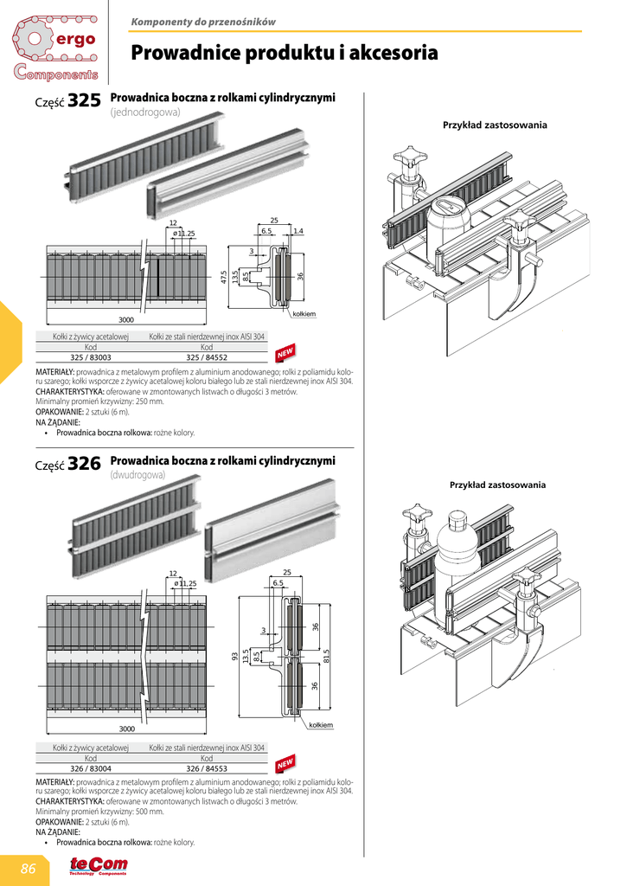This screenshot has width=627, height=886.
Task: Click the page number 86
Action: pyautogui.click(x=29, y=868)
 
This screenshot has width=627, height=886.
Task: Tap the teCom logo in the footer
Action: pyautogui.click(x=99, y=866)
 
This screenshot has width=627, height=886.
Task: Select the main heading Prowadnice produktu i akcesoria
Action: pyautogui.click(x=284, y=54)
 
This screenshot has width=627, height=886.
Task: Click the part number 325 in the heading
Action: pyautogui.click(x=84, y=101)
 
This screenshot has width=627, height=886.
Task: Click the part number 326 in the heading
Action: pyautogui.click(x=84, y=465)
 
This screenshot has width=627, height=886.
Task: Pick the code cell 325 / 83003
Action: pyautogui.click(x=91, y=356)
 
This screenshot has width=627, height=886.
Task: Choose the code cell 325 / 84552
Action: pyautogui.click(x=207, y=356)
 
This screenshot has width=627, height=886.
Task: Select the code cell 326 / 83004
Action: pyautogui.click(x=91, y=767)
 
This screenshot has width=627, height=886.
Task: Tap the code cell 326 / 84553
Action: pyautogui.click(x=207, y=767)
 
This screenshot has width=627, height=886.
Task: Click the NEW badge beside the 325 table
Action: pyautogui.click(x=285, y=353)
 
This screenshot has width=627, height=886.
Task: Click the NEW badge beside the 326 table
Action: pyautogui.click(x=285, y=763)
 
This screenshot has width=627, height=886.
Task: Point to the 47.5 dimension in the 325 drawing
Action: pyautogui.click(x=224, y=277)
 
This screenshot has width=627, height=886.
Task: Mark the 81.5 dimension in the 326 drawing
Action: pyautogui.click(x=326, y=657)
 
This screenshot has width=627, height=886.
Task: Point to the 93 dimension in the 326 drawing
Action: pyautogui.click(x=234, y=657)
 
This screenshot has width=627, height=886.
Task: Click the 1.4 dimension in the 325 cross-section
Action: pyautogui.click(x=298, y=231)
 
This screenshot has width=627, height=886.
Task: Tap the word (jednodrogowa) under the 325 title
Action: pyautogui.click(x=144, y=113)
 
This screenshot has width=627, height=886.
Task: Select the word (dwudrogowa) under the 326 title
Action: pyautogui.click(x=138, y=475)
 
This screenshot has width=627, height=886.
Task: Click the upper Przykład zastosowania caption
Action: pyautogui.click(x=495, y=125)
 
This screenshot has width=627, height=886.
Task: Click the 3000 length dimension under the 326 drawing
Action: pyautogui.click(x=126, y=729)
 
